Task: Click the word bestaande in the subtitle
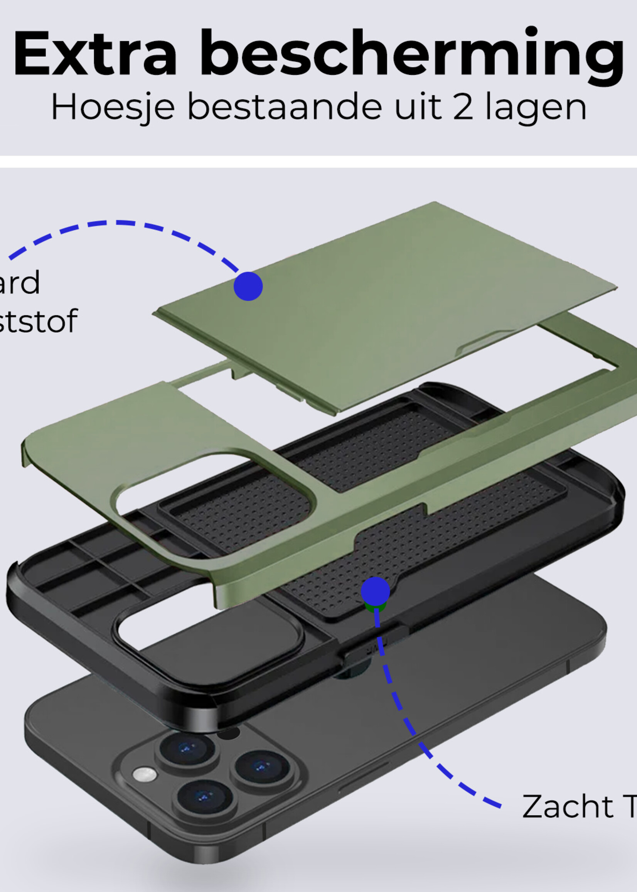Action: click(x=285, y=107)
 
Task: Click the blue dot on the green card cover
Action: click(x=248, y=286)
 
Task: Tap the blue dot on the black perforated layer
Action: click(x=375, y=591)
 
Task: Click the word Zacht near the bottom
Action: click(x=568, y=806)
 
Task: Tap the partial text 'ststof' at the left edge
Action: click(x=37, y=321)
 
